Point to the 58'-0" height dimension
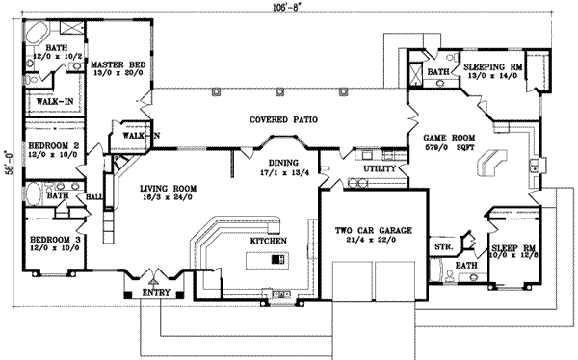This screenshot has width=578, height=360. point(7,157)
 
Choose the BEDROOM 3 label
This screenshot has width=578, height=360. point(52,235)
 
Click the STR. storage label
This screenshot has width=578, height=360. point(444,247)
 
